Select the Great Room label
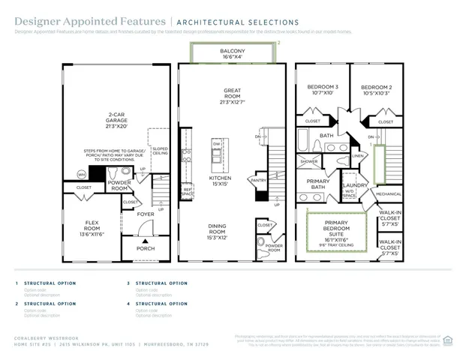pyautogui.click(x=232, y=94)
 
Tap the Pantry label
pyautogui.click(x=259, y=180)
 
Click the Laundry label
pyautogui.click(x=354, y=184)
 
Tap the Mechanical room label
pyautogui.click(x=389, y=193)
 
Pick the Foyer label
pyautogui.click(x=146, y=214)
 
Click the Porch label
pyautogui.click(x=146, y=248)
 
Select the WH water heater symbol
pyautogui.click(x=81, y=175)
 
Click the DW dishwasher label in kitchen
pyautogui.click(x=216, y=143)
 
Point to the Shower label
pyautogui.click(x=309, y=161)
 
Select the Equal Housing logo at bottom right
pyautogui.click(x=448, y=340)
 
